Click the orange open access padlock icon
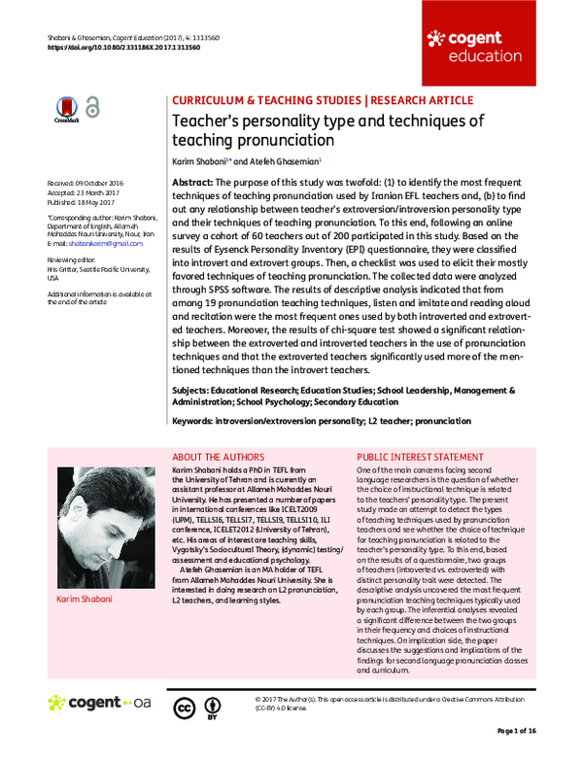coord(91,108)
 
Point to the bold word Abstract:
coord(193,183)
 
